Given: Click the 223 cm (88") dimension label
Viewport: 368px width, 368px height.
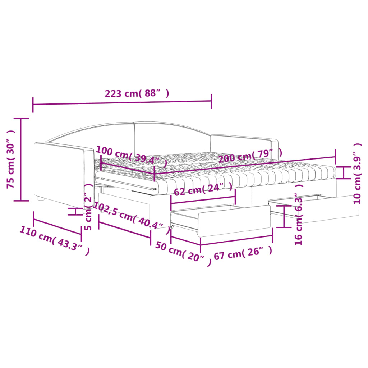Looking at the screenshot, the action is (137, 93).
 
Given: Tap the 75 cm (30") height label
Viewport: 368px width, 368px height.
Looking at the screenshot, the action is (11, 159).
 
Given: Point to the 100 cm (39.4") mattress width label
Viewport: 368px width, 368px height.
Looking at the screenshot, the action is (132, 156).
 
